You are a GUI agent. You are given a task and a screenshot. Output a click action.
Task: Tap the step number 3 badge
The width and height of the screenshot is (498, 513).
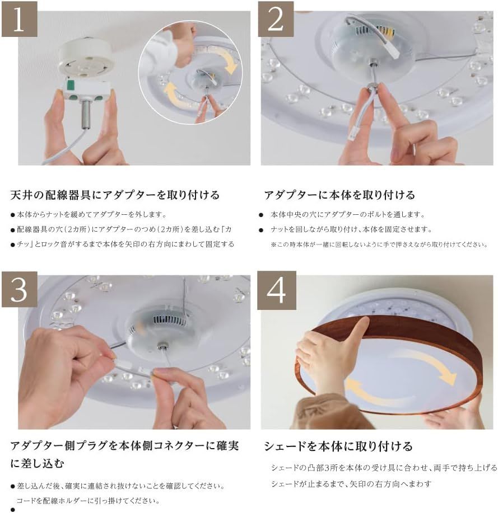pos(19,289)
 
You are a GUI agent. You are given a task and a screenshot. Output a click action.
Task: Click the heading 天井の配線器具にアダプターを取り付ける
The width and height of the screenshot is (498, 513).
pos(115,195)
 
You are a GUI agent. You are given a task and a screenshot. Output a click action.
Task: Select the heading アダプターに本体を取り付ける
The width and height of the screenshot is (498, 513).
pos(339,195)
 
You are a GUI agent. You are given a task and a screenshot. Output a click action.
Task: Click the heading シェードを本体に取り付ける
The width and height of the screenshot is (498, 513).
pos(338,446)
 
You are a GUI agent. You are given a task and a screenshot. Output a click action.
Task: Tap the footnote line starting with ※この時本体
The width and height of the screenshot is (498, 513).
pos(379,244)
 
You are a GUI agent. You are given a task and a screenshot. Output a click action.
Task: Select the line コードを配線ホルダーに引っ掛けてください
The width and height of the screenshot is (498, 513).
pos(88,501)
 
